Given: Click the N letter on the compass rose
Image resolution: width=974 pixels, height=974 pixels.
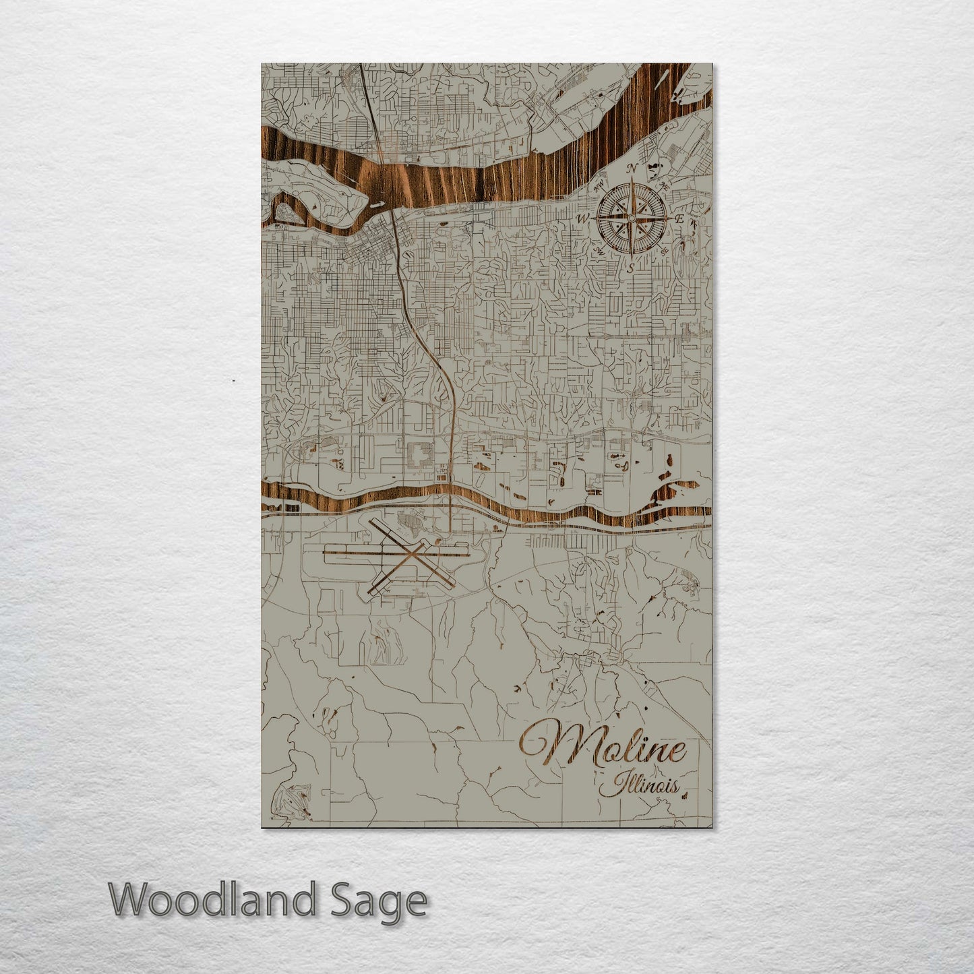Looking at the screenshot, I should [632, 169].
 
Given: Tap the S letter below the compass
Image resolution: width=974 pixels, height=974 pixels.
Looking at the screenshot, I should [631, 267].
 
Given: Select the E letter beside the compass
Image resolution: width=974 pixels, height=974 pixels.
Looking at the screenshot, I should [681, 219].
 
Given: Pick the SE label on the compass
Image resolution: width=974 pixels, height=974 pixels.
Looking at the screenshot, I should [665, 251].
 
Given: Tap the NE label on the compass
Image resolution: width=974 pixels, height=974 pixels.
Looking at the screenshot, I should [666, 185].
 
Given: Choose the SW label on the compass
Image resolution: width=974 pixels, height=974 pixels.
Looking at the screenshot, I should [598, 251].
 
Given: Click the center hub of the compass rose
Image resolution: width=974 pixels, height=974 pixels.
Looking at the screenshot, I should [632, 218].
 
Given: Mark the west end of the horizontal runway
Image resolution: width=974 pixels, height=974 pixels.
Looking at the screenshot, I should [326, 554].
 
